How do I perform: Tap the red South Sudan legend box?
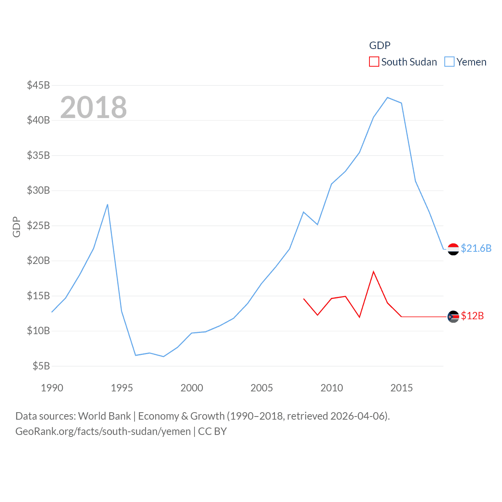pyautogui.click(x=374, y=62)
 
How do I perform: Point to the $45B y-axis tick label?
pyautogui.click(x=38, y=85)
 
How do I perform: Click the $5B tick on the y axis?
pyautogui.click(x=41, y=366)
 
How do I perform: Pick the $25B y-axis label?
pyautogui.click(x=38, y=226)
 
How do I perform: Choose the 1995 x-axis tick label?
pyautogui.click(x=122, y=388)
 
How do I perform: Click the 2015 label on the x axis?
pyautogui.click(x=402, y=388)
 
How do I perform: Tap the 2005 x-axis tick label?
pyautogui.click(x=262, y=388)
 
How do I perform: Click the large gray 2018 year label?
pyautogui.click(x=93, y=107)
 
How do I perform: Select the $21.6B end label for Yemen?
pyautogui.click(x=476, y=248)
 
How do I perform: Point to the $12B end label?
pyautogui.click(x=472, y=316)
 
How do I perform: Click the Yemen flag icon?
pyautogui.click(x=453, y=249)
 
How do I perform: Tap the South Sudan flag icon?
pyautogui.click(x=453, y=316)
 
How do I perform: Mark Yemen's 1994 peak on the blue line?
pyautogui.click(x=107, y=204)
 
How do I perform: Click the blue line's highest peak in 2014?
pyautogui.click(x=387, y=97)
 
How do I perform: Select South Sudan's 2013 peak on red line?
pyautogui.click(x=373, y=271)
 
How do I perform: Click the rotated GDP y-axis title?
pyautogui.click(x=16, y=227)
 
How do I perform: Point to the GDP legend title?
pyautogui.click(x=380, y=45)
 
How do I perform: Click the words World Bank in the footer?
pyautogui.click(x=105, y=416)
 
